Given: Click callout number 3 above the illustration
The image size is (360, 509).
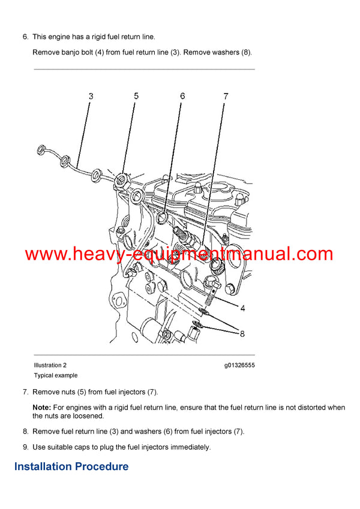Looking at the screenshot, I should click(x=91, y=95).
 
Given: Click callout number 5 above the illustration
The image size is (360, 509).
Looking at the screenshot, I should click(x=136, y=95).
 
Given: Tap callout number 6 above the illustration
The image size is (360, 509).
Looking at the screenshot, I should click(x=182, y=95).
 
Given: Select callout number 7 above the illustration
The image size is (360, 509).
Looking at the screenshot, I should click(x=226, y=95).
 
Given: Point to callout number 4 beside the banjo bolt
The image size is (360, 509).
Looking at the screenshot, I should click(x=242, y=309).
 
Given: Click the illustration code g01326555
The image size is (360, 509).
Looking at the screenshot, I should click(x=239, y=365).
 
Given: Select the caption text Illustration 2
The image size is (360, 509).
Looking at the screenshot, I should click(x=50, y=365).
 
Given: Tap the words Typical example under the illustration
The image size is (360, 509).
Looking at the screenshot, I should click(x=56, y=375).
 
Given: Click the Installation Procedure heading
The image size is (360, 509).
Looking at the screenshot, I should click(x=71, y=466).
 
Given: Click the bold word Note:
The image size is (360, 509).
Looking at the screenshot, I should click(x=41, y=408).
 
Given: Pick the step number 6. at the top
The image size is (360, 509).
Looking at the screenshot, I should click(x=26, y=37).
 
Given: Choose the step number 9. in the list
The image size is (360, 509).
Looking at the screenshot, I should click(x=26, y=447).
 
